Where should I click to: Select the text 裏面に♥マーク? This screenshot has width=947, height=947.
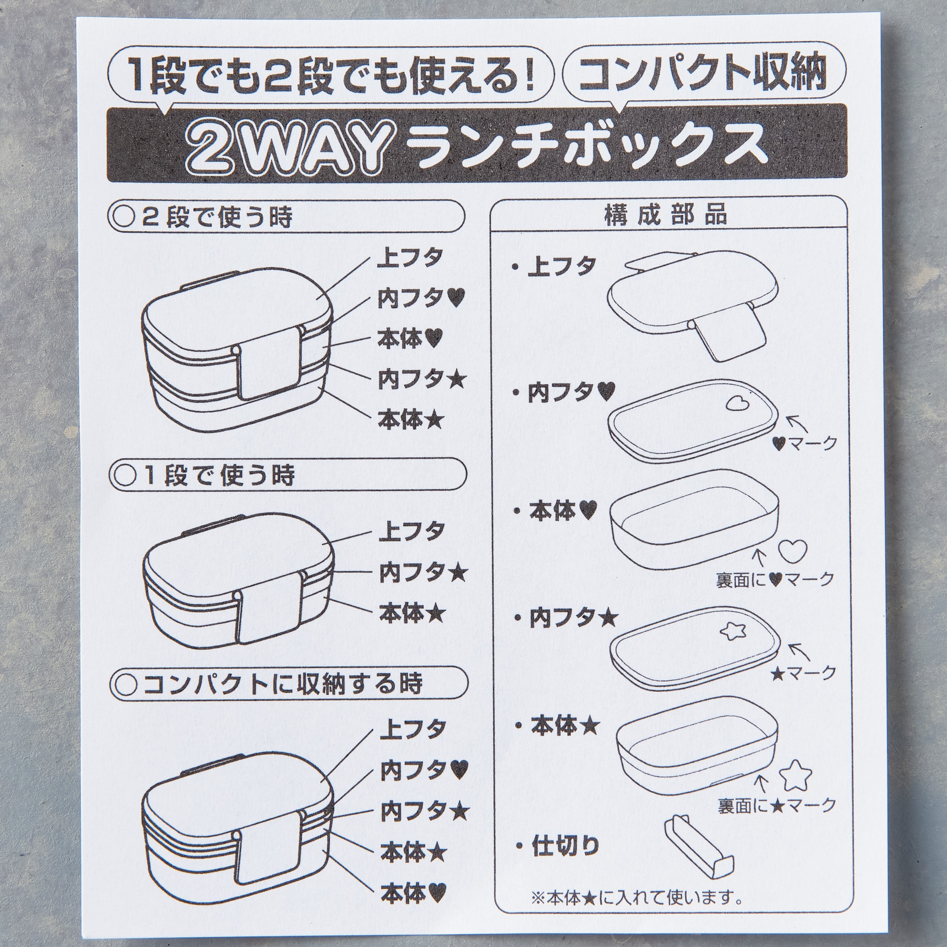[x=775, y=579]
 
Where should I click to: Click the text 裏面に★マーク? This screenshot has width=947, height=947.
[x=776, y=805]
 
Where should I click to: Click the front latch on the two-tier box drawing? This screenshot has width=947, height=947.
[x=267, y=371]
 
